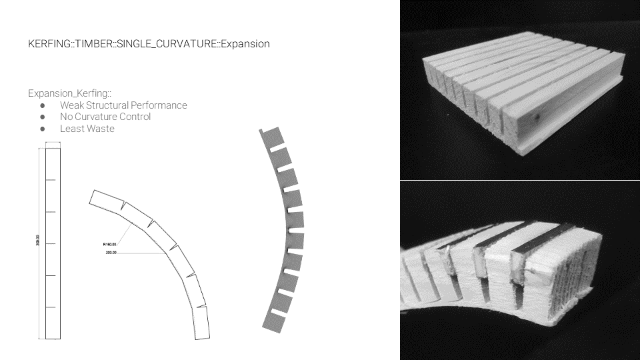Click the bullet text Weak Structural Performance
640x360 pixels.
click(x=123, y=105)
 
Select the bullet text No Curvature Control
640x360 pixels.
click(x=105, y=117)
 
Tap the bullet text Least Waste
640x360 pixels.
click(x=87, y=129)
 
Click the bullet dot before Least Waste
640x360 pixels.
click(x=42, y=129)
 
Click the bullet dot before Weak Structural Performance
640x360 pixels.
click(x=42, y=105)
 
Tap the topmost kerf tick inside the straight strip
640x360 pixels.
click(x=50, y=180)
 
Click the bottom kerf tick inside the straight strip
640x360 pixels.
click(x=50, y=307)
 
